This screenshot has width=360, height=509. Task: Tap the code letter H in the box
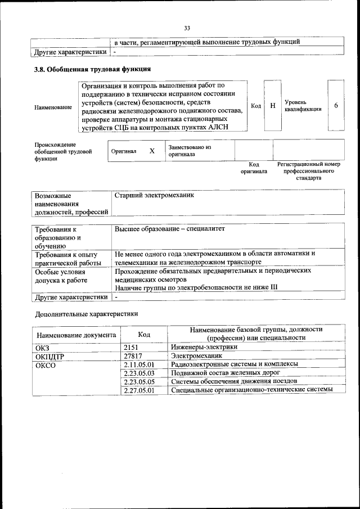pos(272,105)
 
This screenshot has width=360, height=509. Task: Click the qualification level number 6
pos(336,105)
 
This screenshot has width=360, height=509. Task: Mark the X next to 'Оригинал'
pos(152,151)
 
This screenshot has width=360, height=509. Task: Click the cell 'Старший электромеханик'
pos(154,196)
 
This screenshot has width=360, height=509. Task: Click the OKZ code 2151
pos(131,347)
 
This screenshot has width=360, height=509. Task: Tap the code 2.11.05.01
pos(138,364)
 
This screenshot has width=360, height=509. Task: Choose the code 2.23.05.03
pos(138,373)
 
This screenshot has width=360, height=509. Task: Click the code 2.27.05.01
pos(138,389)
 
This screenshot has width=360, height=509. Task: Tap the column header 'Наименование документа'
pos(76,335)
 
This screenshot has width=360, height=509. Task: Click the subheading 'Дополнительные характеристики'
pos(86,313)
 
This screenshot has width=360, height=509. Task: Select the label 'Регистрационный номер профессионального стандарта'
pos(308,171)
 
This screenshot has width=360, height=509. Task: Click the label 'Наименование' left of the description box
pos(53,107)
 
